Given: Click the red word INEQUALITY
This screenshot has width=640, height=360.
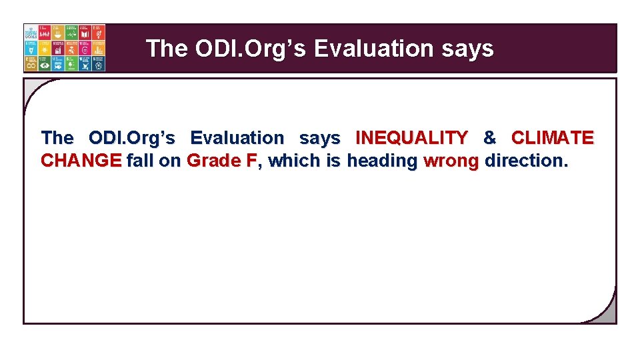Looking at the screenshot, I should click(412, 138).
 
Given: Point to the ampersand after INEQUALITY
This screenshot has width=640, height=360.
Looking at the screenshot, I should click(489, 138).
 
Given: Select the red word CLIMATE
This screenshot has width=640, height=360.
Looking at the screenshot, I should click(552, 138).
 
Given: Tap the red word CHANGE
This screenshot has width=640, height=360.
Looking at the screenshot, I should click(81, 161).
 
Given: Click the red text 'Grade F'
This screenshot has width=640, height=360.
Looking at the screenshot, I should click(221, 161).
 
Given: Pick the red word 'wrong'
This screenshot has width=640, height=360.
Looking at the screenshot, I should click(451, 161).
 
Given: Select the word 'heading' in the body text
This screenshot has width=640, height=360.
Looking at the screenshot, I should click(382, 161).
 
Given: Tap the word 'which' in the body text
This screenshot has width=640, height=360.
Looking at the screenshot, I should click(294, 161).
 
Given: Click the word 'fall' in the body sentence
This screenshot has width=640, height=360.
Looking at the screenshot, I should click(139, 161).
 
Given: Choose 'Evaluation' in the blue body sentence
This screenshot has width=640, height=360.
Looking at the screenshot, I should click(237, 138).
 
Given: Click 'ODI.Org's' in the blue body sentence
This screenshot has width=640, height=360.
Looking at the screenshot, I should click(132, 138).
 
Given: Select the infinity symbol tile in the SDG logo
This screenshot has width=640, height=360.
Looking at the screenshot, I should click(31, 63).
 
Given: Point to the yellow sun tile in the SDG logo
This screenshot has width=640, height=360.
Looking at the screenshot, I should click(45, 48).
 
